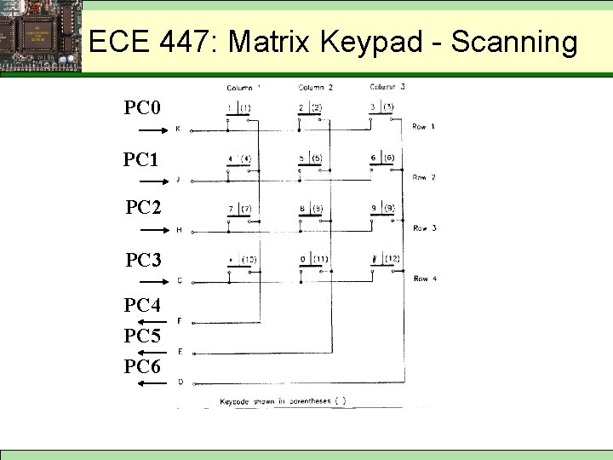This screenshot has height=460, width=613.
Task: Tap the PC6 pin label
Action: click(x=142, y=366)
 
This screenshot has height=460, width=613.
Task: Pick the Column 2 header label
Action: click(x=315, y=88)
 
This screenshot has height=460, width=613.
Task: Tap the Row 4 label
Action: click(x=424, y=279)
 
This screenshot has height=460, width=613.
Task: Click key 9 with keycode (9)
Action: click(x=382, y=209)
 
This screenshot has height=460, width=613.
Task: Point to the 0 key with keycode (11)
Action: click(x=310, y=259)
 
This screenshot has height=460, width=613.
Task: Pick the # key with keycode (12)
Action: click(x=382, y=259)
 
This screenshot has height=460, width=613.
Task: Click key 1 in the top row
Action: click(x=238, y=108)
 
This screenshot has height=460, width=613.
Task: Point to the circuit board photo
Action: click(x=41, y=36)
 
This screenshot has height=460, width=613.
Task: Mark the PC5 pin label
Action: click(x=142, y=336)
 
